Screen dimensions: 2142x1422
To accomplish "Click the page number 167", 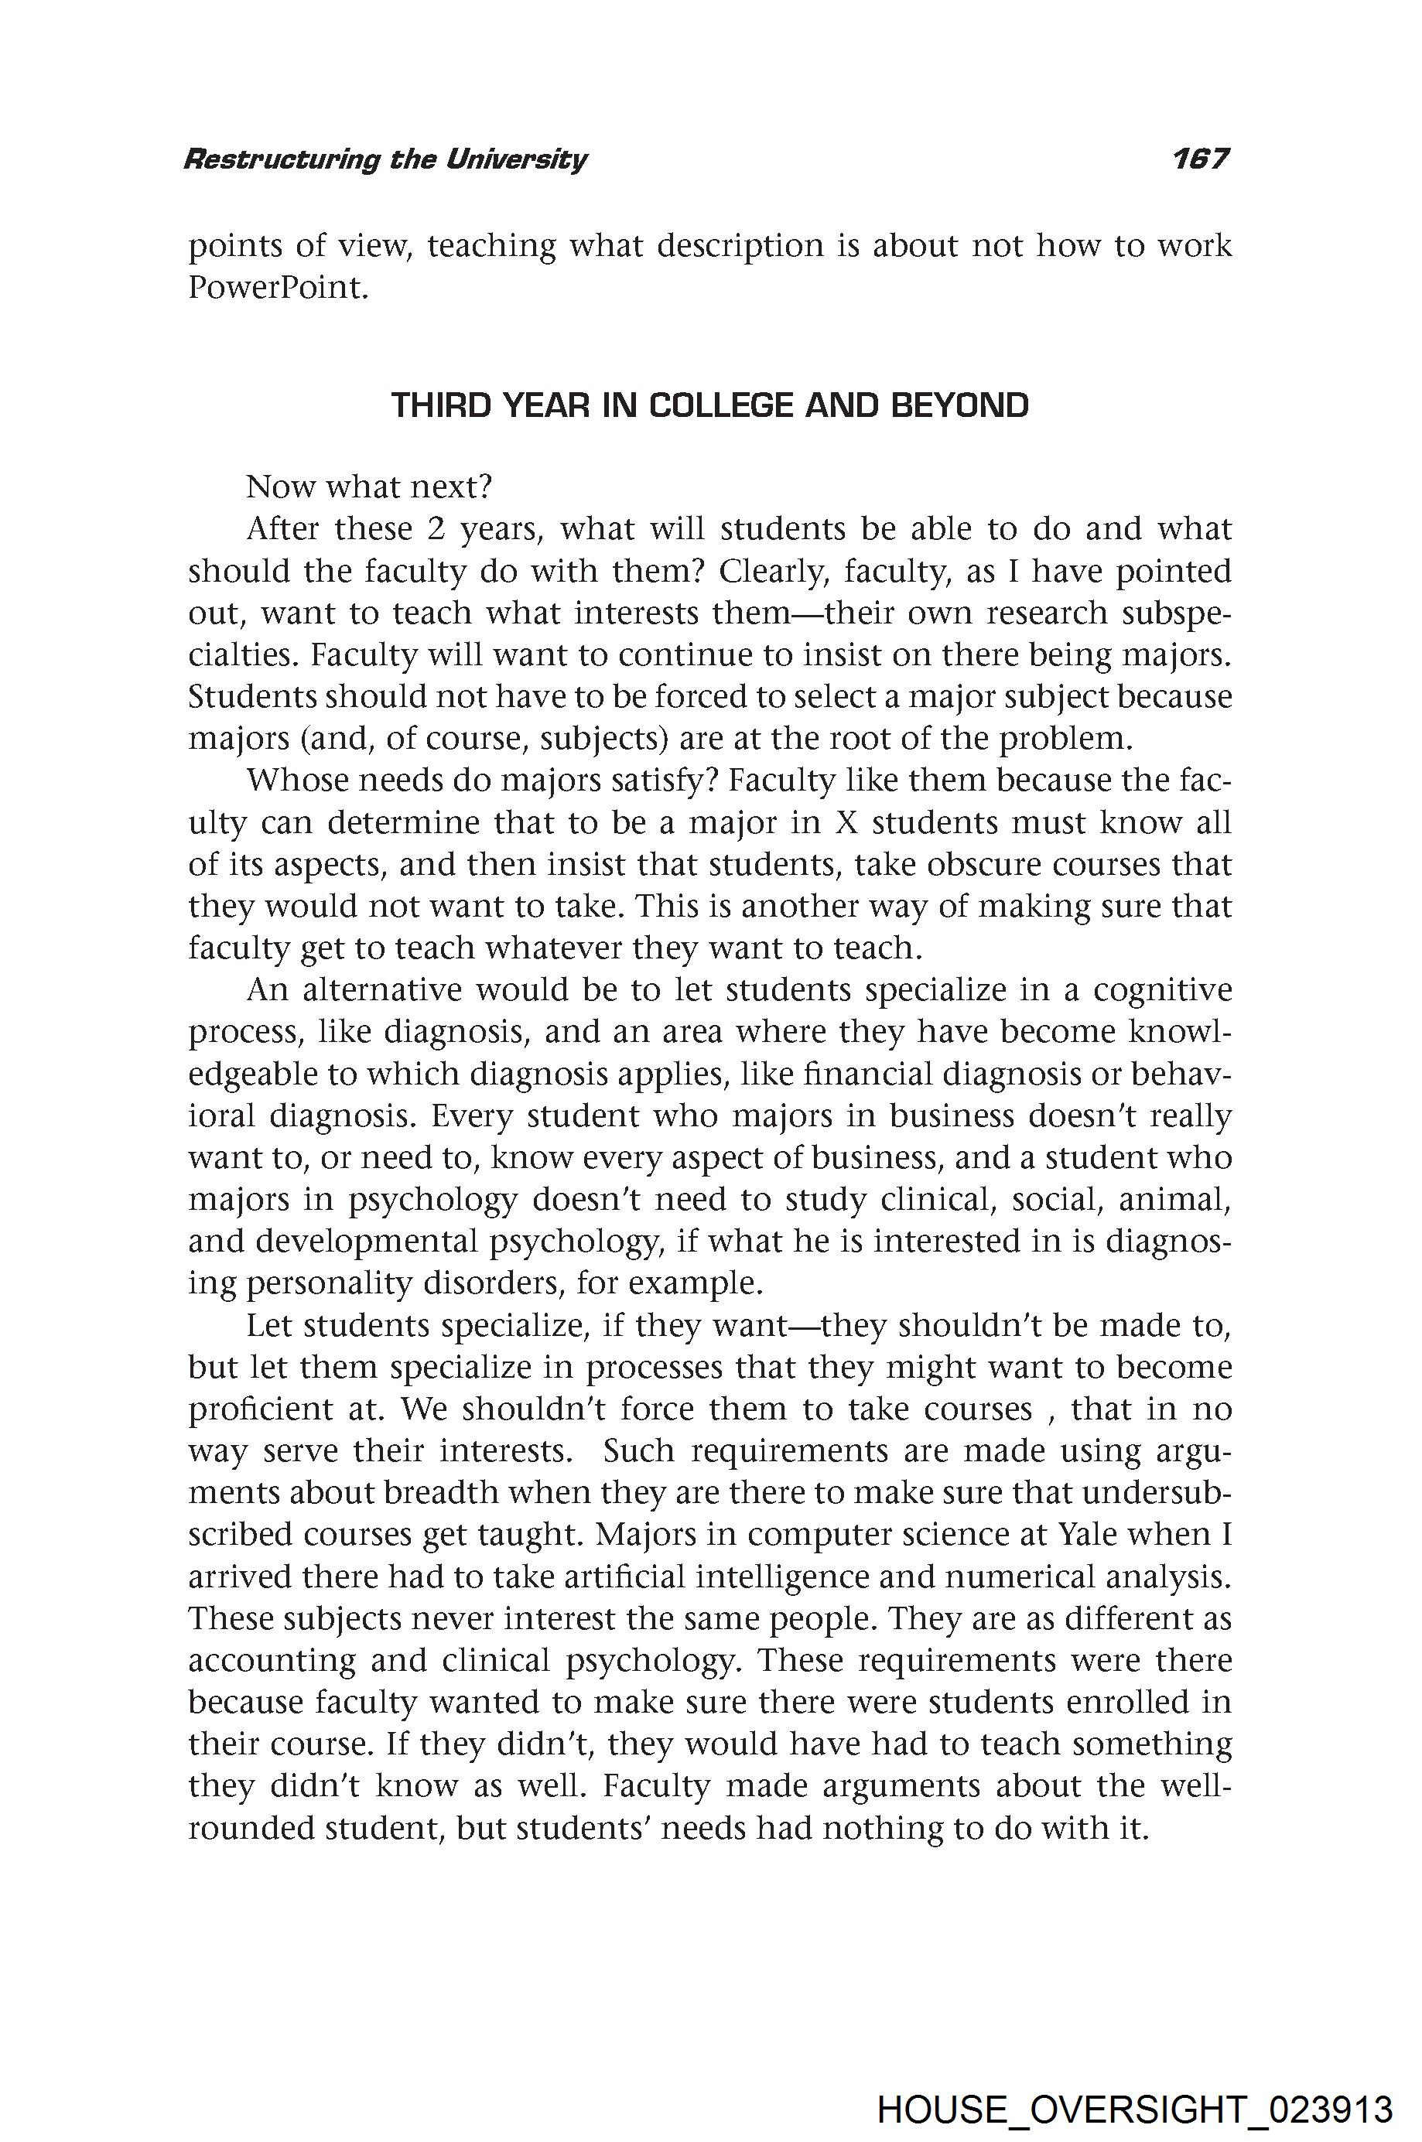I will click(x=1199, y=159).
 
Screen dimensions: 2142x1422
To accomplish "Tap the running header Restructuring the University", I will click(x=385, y=160).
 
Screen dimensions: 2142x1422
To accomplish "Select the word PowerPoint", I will click(x=278, y=289).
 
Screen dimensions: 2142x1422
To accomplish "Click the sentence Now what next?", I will click(x=368, y=487).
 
